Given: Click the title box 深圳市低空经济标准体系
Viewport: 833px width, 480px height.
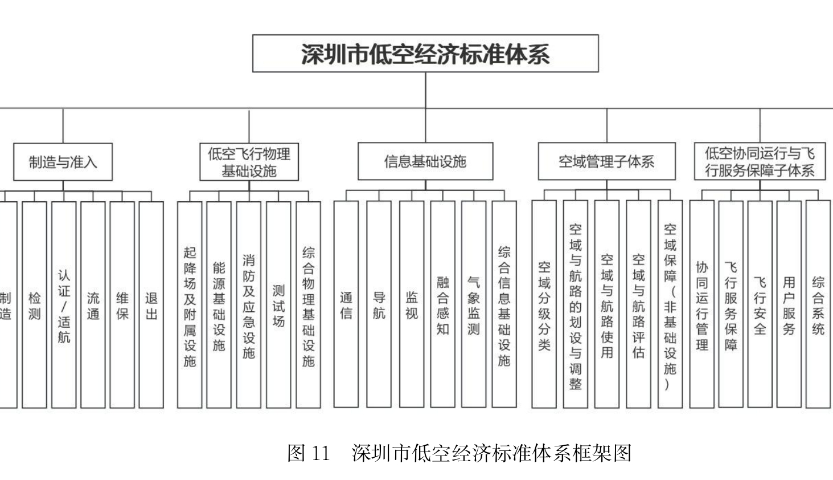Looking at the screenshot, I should tap(425, 54).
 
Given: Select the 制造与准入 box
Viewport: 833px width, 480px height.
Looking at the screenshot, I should tap(63, 162).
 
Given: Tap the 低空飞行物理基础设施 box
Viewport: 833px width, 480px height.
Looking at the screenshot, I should tap(249, 162).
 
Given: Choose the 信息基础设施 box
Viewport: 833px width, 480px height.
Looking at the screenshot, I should tap(425, 161).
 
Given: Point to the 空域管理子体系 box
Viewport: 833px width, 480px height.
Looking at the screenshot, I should tap(606, 161).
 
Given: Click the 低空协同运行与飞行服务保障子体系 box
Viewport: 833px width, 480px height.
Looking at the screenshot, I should tap(760, 161).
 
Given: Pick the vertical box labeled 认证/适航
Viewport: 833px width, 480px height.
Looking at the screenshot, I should tap(64, 305).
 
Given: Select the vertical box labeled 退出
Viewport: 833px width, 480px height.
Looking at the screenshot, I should tap(151, 305).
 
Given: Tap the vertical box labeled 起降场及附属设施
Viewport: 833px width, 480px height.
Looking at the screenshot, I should tap(190, 305).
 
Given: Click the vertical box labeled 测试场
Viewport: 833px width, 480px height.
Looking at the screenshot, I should tap(278, 305).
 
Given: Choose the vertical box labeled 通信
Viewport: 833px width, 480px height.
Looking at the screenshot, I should tap(346, 305).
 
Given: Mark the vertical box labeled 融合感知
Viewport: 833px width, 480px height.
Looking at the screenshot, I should tap(442, 305).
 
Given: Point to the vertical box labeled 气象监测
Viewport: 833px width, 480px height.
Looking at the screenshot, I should tap(473, 305).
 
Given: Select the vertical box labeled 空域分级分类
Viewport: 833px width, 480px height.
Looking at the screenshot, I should tap(544, 305).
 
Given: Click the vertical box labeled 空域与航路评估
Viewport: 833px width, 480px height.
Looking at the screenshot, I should tap(638, 305).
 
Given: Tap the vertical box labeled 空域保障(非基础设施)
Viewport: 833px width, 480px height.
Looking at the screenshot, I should tap(670, 305).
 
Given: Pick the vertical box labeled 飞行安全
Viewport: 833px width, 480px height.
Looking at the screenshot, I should tap(760, 305).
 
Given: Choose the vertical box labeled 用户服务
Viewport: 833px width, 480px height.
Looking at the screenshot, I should tap(789, 305).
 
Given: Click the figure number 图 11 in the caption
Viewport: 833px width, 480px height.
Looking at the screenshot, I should tap(309, 453).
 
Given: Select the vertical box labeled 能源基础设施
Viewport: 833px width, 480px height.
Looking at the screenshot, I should tap(219, 305).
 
